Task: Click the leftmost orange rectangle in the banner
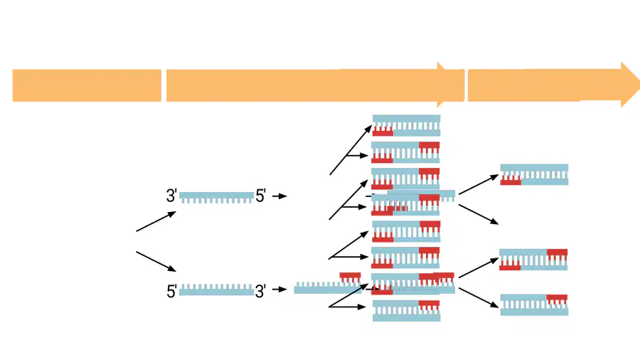pos(87,85)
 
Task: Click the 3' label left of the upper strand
pos(171,196)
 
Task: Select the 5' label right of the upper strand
pos(261,196)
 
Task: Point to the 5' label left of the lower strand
pos(171,292)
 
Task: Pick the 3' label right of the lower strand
pos(260,292)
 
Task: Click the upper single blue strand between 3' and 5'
pos(216,198)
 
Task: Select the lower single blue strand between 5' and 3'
pos(216,290)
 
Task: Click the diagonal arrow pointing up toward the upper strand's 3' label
pos(156,221)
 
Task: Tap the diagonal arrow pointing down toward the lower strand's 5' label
pos(156,262)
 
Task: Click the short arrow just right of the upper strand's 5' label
pos(279,196)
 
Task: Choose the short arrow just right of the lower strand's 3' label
pos(279,290)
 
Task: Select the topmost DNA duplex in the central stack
pos(407,125)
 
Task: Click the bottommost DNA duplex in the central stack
pos(407,311)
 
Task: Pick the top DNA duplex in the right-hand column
pos(534,175)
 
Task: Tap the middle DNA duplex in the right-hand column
pos(533,260)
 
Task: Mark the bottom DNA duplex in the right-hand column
pos(534,305)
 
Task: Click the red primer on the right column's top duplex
pos(511,179)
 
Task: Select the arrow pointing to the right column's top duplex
pos(479,184)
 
